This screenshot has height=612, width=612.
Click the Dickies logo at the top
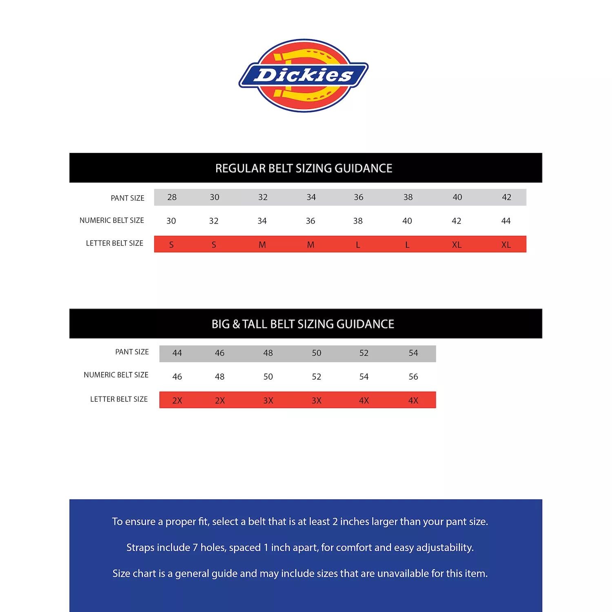[x=304, y=76]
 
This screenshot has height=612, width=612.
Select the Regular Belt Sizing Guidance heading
[x=304, y=168]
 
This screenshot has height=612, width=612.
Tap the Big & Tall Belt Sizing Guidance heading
[x=303, y=324]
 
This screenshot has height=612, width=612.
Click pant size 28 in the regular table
[x=172, y=197]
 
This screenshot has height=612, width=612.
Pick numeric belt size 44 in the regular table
[x=506, y=221]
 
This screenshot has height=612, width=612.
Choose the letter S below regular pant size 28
[x=171, y=245]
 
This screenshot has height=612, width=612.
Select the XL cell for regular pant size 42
[x=506, y=245]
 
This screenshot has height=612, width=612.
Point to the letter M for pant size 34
[x=310, y=245]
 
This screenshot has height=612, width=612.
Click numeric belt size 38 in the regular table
[x=358, y=221]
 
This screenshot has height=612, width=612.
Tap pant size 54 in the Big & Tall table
[x=413, y=353]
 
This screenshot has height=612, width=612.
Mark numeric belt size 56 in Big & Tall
[x=413, y=377]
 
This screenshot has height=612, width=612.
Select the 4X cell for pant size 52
[x=364, y=401]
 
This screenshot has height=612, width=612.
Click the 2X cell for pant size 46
[x=220, y=401]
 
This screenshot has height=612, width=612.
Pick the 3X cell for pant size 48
[x=268, y=401]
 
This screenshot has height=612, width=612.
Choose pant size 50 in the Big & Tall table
[x=317, y=353]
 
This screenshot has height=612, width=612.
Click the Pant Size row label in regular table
[x=127, y=198]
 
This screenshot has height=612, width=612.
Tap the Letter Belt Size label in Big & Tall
[x=119, y=399]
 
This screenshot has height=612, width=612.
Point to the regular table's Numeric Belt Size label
[x=111, y=221]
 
